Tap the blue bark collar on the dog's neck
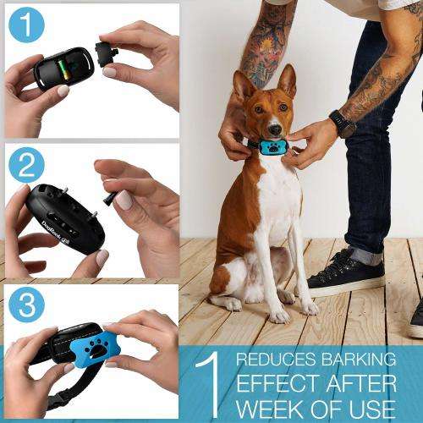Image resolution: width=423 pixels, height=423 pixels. (274, 149)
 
